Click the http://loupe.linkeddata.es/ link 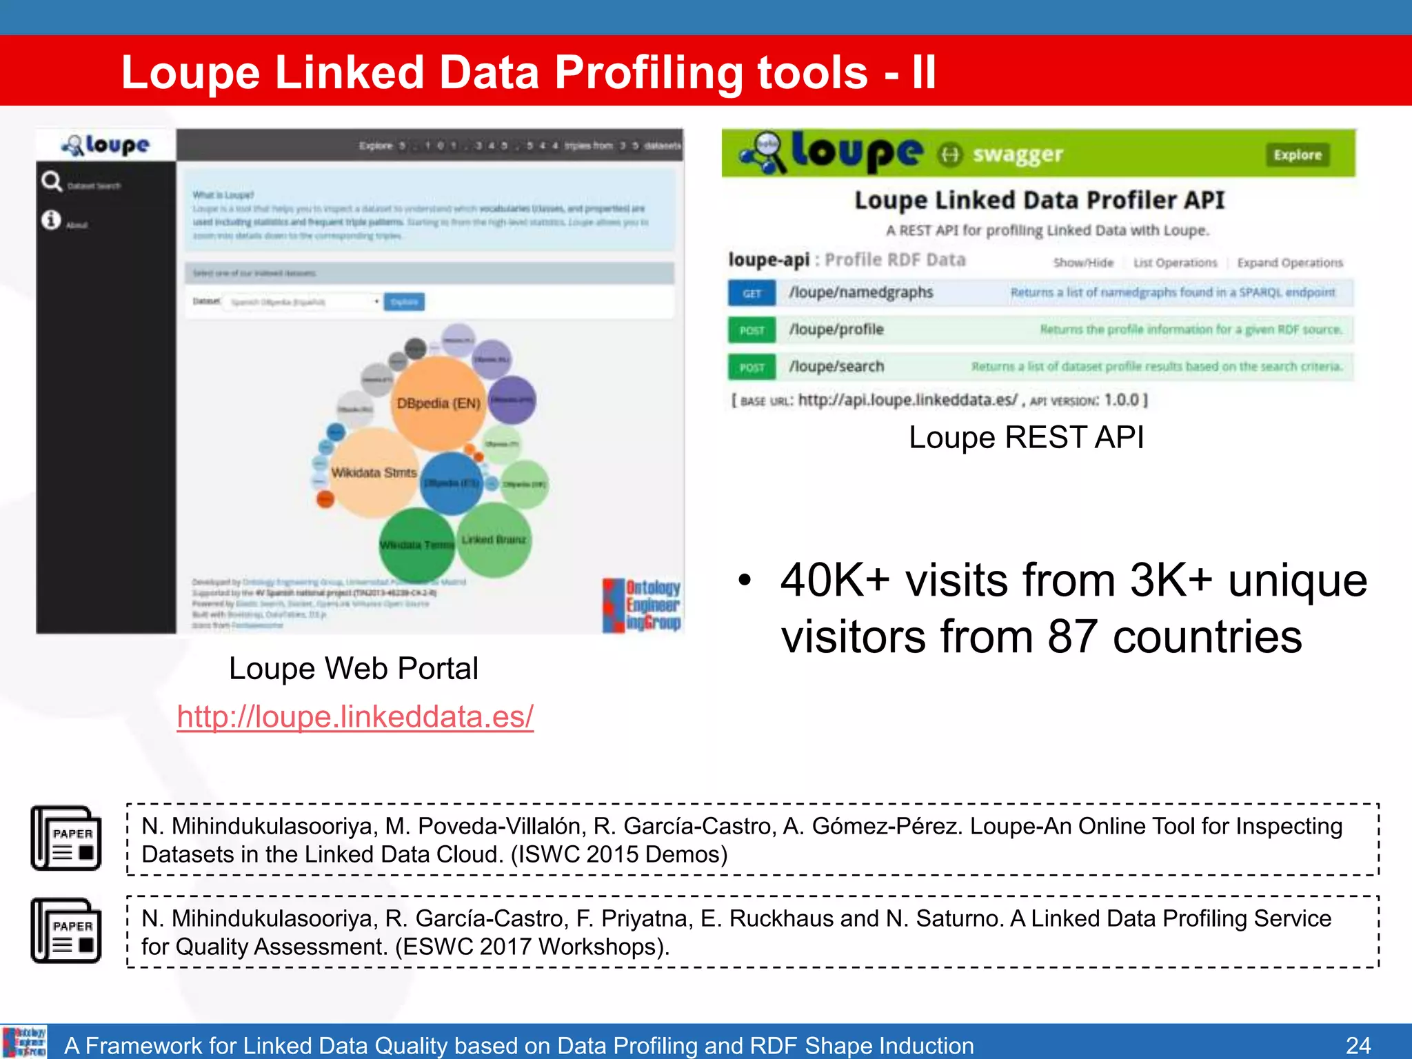[x=355, y=717]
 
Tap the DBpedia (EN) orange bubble [x=438, y=403]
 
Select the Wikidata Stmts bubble [x=374, y=473]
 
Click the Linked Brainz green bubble [x=494, y=540]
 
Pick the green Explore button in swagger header [x=1297, y=155]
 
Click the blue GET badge [x=752, y=293]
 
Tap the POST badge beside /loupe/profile [x=752, y=330]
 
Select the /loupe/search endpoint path [x=836, y=367]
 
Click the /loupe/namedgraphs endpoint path [x=860, y=293]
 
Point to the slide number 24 [x=1358, y=1045]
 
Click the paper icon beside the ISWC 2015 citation [x=66, y=838]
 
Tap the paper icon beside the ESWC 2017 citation [x=66, y=931]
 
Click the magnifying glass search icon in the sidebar [x=52, y=181]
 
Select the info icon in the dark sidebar [x=51, y=220]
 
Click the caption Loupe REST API [x=1026, y=437]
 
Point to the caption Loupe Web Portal [x=353, y=668]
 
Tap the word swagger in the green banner [x=1017, y=154]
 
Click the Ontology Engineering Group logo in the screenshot [x=642, y=605]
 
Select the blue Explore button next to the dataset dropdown [x=404, y=302]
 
